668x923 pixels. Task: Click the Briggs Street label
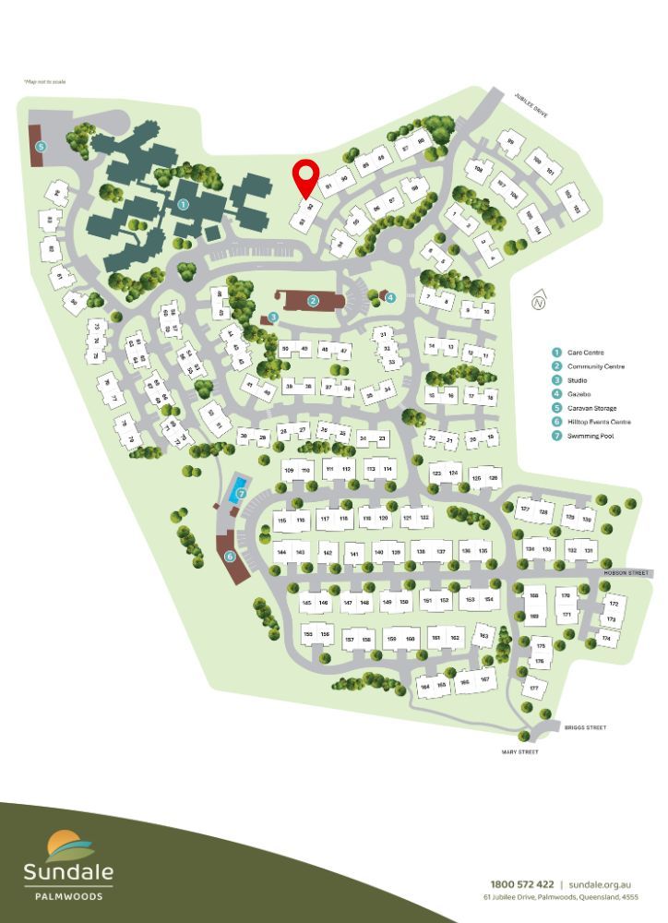585,727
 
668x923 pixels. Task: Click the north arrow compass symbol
540,301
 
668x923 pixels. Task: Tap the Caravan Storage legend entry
590,408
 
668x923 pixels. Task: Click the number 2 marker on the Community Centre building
314,300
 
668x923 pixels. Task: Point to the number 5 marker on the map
41,146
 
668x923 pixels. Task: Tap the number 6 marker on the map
230,557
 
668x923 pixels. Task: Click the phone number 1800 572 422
522,883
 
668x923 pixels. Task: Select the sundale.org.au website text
599,883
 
